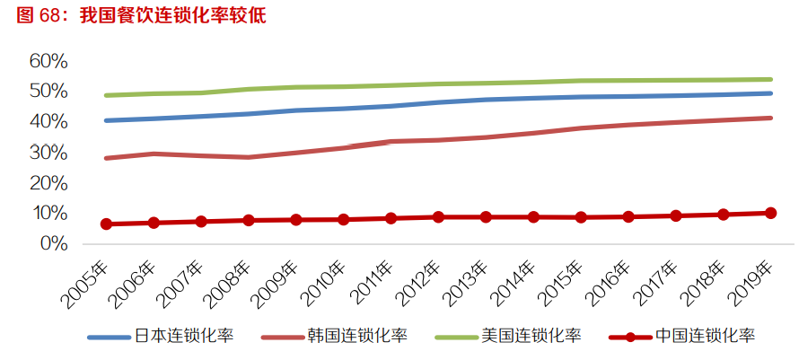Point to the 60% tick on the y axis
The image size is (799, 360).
tap(48, 61)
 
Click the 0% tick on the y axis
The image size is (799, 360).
tap(54, 243)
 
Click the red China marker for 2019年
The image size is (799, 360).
tap(770, 213)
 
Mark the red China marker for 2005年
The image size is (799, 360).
tap(106, 224)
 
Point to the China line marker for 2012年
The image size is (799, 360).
tap(438, 216)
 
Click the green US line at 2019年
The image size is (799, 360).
tap(770, 79)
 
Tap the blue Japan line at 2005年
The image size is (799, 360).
tap(106, 120)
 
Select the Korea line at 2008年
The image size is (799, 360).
tap(248, 157)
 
